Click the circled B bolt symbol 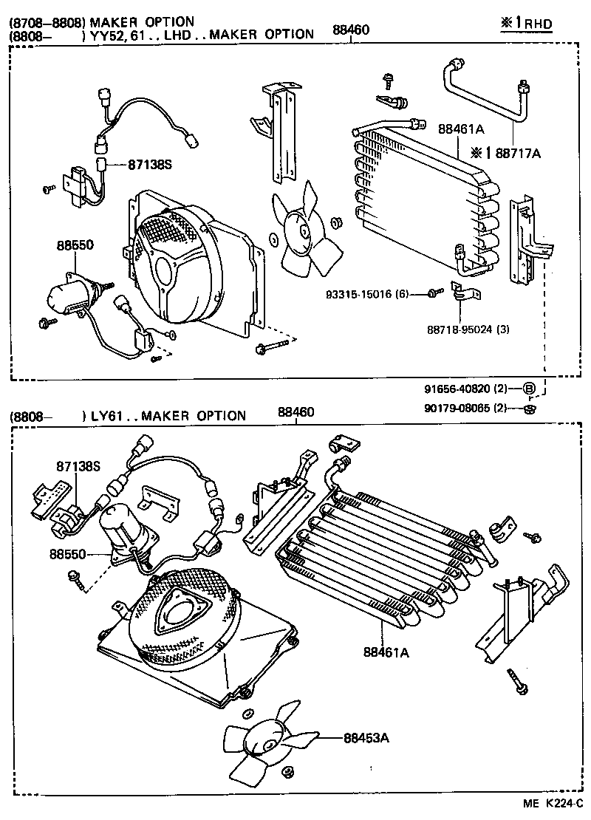pyautogui.click(x=529, y=389)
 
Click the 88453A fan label pyautogui.click(x=365, y=737)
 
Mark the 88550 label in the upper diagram pyautogui.click(x=76, y=245)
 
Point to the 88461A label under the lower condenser pyautogui.click(x=386, y=652)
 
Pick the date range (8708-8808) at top pyautogui.click(x=47, y=22)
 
